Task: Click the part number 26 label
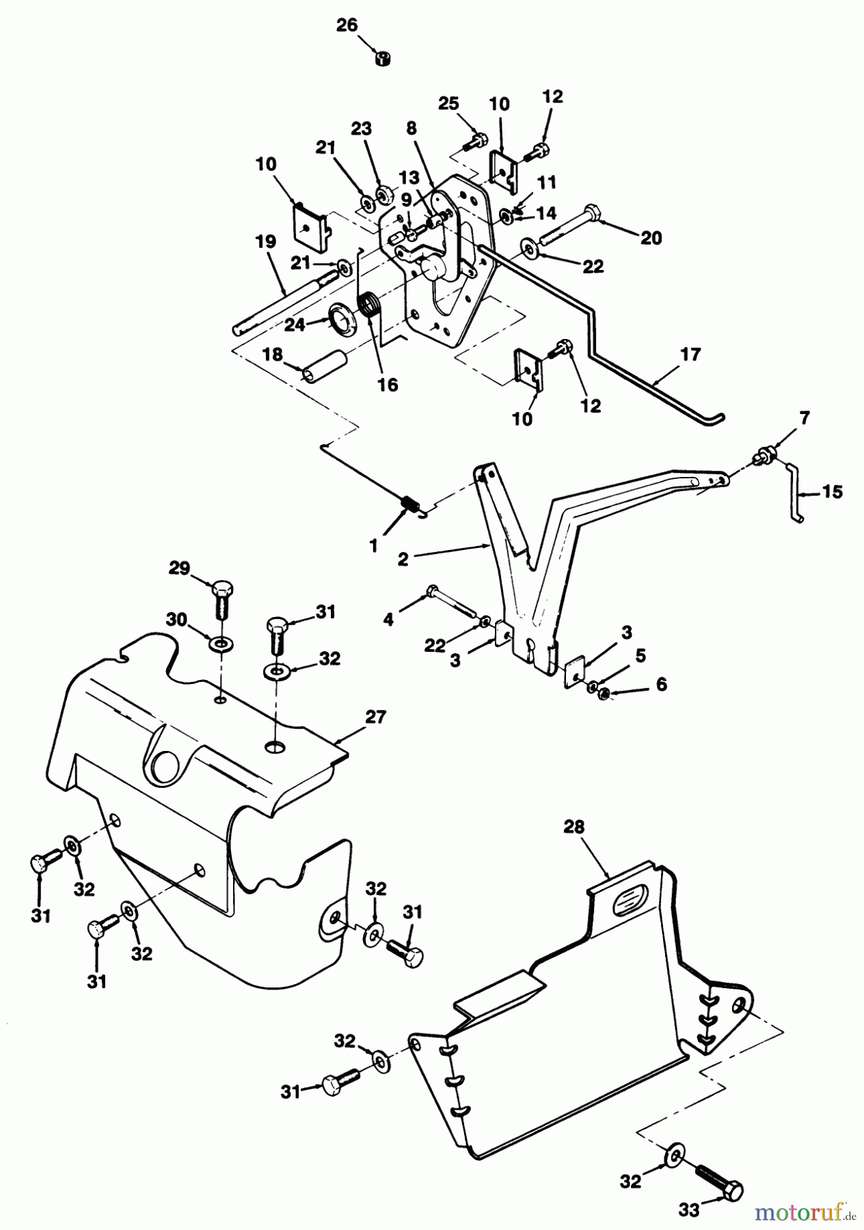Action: click(x=347, y=26)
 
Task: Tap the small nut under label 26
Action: click(x=383, y=59)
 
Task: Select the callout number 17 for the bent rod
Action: click(x=690, y=355)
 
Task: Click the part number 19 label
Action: click(x=266, y=241)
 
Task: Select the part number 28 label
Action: click(x=574, y=827)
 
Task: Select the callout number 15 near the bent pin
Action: click(x=832, y=492)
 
